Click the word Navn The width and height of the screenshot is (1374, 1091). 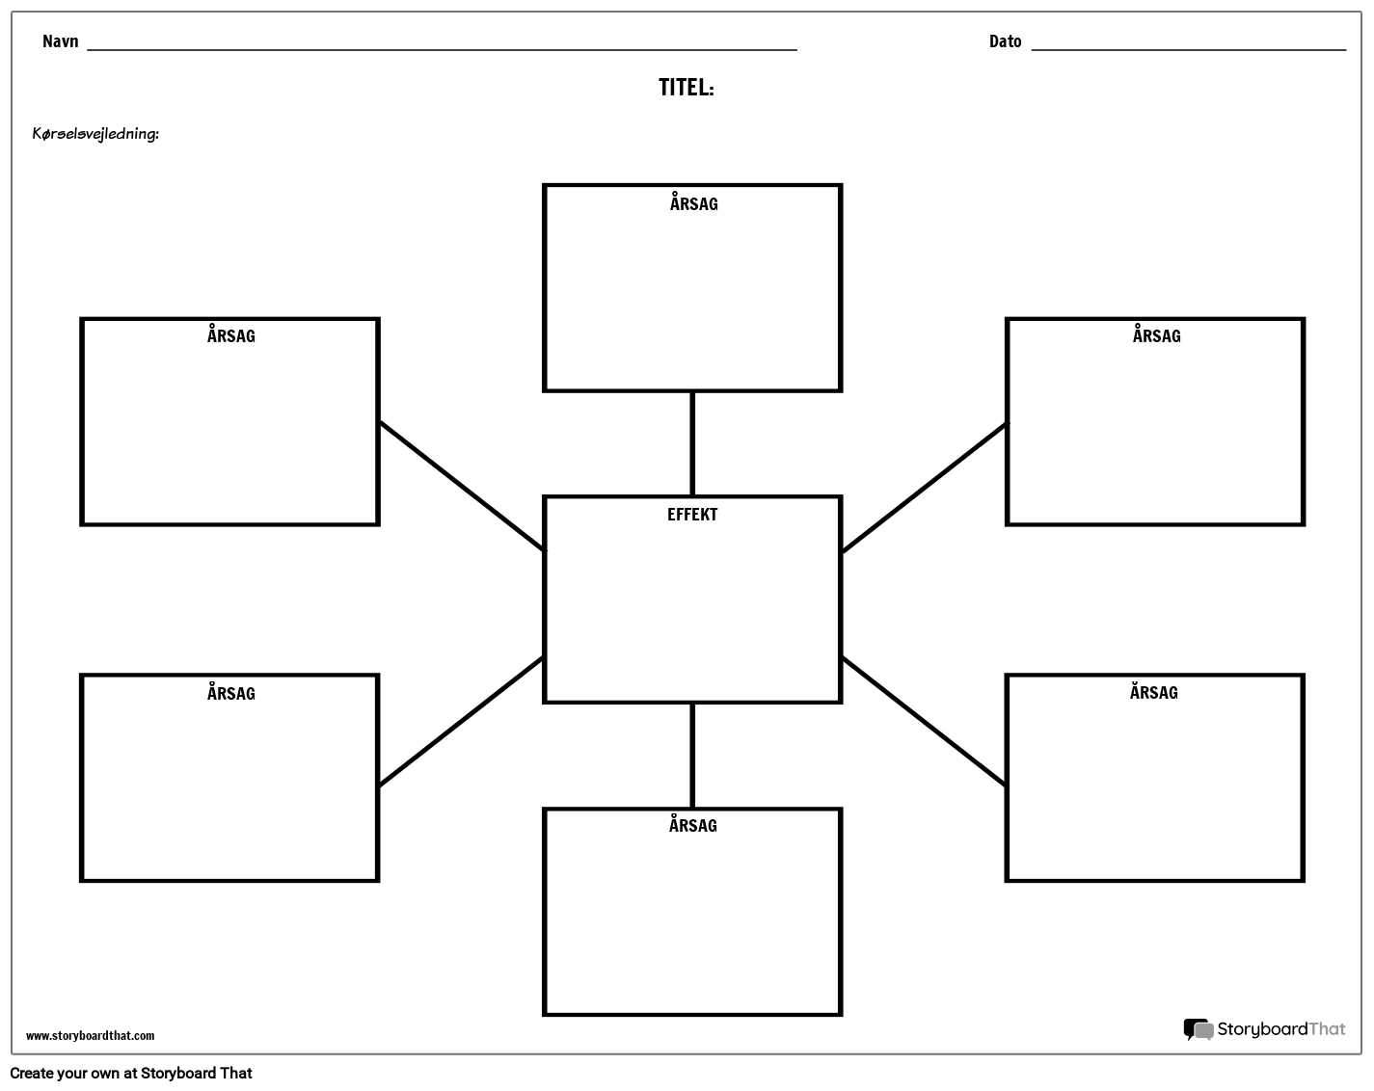pos(60,41)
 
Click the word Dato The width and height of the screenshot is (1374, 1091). pos(1005,41)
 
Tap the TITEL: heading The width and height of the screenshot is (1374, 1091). pos(686,88)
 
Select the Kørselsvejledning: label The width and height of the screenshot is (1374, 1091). pos(95,134)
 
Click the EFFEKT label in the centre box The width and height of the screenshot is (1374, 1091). pos(692,515)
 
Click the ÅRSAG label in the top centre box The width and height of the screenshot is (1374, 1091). pos(693,203)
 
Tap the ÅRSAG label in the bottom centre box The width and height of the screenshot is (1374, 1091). pos(692,825)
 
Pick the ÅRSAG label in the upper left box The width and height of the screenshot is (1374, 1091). pos(230,335)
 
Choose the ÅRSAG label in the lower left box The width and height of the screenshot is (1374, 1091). pos(230,693)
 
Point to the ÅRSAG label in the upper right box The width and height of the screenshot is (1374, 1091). pos(1156,335)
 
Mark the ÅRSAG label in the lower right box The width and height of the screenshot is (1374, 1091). pos(1153,692)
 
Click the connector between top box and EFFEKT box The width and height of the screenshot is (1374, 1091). pos(692,443)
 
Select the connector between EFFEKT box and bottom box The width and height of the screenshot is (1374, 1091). pos(692,756)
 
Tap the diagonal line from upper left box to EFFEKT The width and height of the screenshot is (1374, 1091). pos(461,485)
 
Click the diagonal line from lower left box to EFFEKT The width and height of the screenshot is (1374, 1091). pos(461,722)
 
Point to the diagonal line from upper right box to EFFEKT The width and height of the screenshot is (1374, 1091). pos(924,488)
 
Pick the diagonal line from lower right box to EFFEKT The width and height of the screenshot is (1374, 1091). pos(924,721)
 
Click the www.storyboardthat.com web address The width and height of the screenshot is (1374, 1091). pos(90,1036)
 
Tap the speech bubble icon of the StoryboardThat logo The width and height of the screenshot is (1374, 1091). pos(1198,1030)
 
